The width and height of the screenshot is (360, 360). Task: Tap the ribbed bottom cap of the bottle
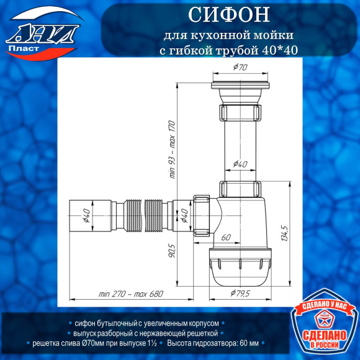241,267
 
